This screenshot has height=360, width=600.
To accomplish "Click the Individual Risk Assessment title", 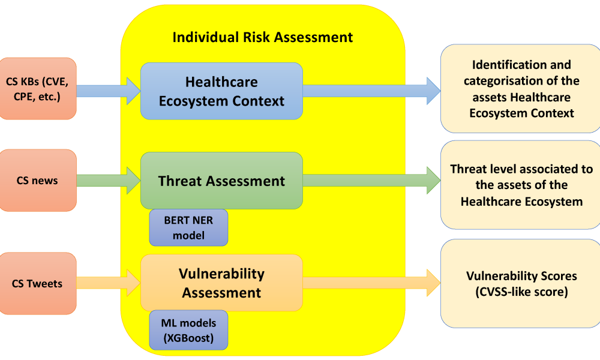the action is [x=263, y=37].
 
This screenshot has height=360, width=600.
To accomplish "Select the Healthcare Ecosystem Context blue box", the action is [x=221, y=91].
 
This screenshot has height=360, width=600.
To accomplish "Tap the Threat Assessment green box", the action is [x=221, y=181].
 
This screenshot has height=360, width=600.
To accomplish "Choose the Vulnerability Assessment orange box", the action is [x=221, y=283].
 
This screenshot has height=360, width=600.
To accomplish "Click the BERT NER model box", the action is [x=188, y=227].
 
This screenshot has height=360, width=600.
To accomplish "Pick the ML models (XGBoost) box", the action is [x=188, y=330].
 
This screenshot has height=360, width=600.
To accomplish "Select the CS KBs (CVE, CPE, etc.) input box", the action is [x=37, y=89].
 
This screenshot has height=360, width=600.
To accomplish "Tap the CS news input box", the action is [x=37, y=180].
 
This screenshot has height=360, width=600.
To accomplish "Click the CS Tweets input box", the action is [x=37, y=283].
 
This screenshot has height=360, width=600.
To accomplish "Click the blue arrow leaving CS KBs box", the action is [x=109, y=91].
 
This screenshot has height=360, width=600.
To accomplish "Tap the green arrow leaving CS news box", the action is [x=109, y=181].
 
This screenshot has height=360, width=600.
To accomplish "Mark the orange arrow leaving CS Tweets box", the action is [x=109, y=283].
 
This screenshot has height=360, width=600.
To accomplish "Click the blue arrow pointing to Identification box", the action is [x=371, y=91].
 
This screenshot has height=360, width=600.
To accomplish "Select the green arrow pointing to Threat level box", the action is [x=371, y=181].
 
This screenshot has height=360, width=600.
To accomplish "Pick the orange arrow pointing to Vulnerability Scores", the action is [x=371, y=283].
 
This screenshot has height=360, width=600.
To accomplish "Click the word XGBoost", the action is [x=188, y=338].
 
